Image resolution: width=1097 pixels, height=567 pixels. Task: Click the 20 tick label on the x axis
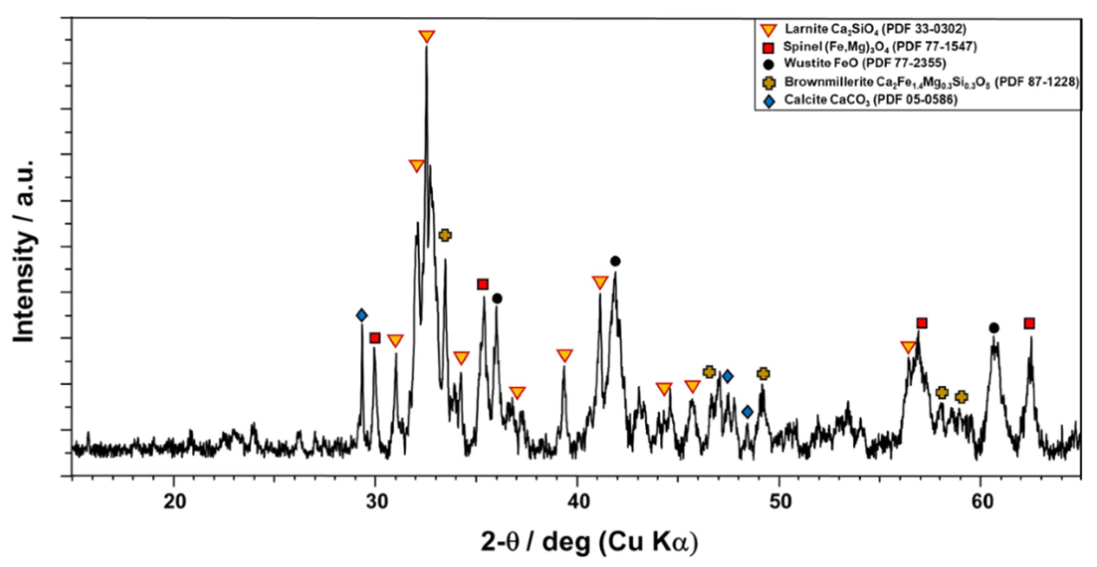coord(173,503)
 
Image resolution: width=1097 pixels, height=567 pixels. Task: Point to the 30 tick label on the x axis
coord(375,503)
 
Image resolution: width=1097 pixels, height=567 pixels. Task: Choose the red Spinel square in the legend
coord(769,48)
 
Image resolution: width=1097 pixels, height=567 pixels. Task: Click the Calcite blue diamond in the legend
coord(769,100)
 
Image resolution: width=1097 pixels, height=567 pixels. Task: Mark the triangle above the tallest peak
coord(427,36)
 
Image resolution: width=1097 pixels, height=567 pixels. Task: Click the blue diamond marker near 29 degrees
coord(361,315)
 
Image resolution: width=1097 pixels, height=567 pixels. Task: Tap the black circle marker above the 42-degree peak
coord(615,261)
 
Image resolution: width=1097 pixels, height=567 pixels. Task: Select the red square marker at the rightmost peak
coord(1029,323)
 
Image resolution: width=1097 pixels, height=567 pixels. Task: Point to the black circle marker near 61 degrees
coord(994,328)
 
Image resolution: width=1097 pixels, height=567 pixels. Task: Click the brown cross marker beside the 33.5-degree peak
coord(445,235)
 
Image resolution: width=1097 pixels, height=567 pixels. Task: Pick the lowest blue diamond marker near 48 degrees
coord(748,411)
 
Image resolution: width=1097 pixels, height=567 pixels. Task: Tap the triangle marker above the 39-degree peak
coord(565,355)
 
